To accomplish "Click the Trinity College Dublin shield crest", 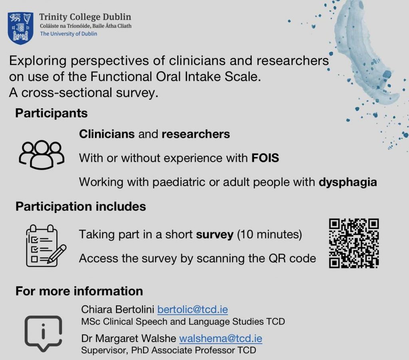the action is (x=20, y=28).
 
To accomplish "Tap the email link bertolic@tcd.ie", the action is (x=193, y=309).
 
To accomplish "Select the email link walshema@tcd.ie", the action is (x=220, y=338).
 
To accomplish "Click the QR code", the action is (x=354, y=243).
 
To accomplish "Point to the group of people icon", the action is (x=42, y=155).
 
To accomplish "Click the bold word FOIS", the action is (x=265, y=158).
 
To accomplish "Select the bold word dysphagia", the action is (x=348, y=182).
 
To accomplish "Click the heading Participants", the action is (x=52, y=113).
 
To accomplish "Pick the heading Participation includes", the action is (x=81, y=207).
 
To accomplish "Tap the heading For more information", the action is (x=79, y=291).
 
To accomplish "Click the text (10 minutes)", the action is (x=270, y=235).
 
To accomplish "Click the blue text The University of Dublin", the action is (x=69, y=34).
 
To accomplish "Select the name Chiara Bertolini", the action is (x=118, y=309).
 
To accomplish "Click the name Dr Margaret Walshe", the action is (x=129, y=338).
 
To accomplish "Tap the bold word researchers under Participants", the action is (x=196, y=134).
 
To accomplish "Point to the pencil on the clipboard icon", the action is (x=57, y=254).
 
